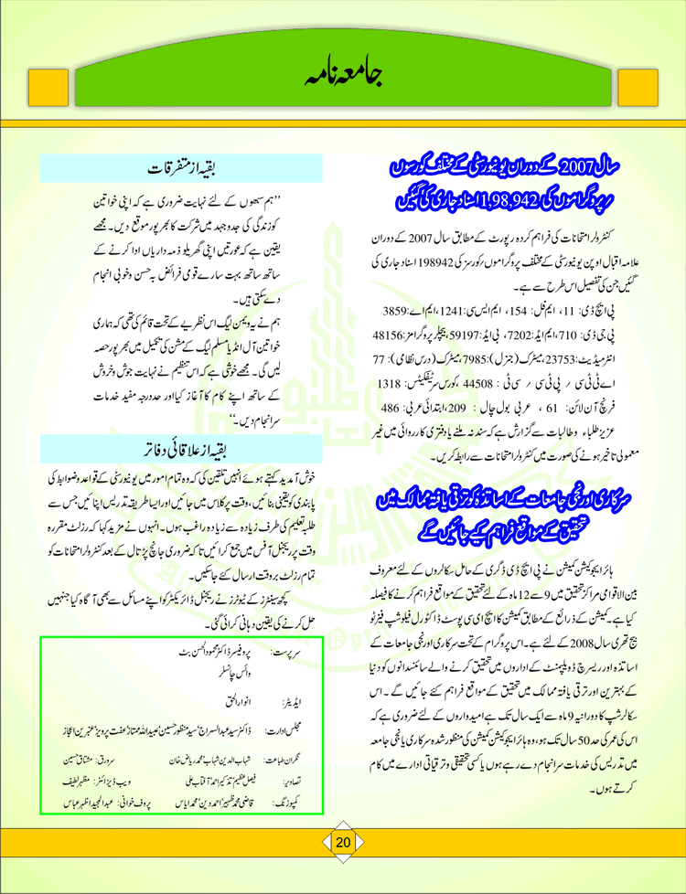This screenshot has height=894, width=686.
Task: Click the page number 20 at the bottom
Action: [343, 867]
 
